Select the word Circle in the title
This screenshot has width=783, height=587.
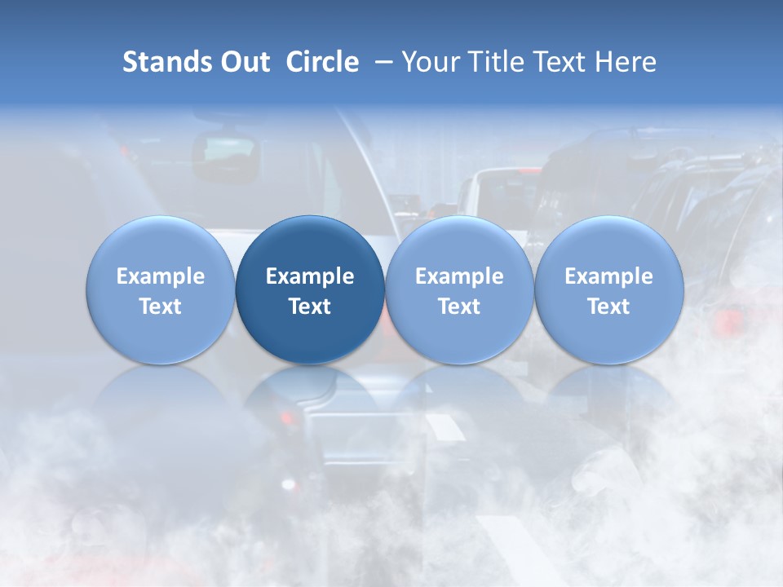322,62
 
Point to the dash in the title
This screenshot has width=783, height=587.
381,62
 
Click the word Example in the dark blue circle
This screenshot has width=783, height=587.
310,276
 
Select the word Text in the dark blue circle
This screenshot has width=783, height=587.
310,307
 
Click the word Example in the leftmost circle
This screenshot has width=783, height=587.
160,276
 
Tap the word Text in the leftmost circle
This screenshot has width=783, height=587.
160,307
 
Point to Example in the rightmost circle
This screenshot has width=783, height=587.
608,276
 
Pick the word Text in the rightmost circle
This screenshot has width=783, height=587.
608,307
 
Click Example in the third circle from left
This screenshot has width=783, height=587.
459,276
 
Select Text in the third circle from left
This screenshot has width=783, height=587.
459,307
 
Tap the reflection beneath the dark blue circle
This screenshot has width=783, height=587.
310,399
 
